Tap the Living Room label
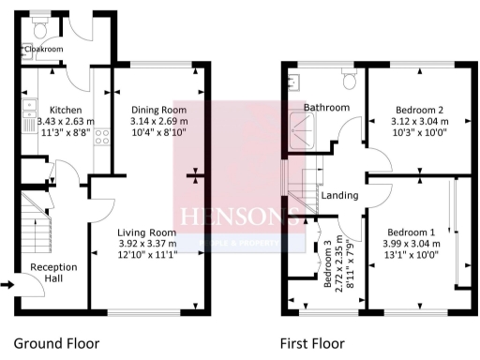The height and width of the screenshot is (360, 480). pos(147,232)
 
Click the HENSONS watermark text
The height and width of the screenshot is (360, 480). pos(239,217)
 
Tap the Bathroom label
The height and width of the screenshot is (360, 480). pos(327,108)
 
